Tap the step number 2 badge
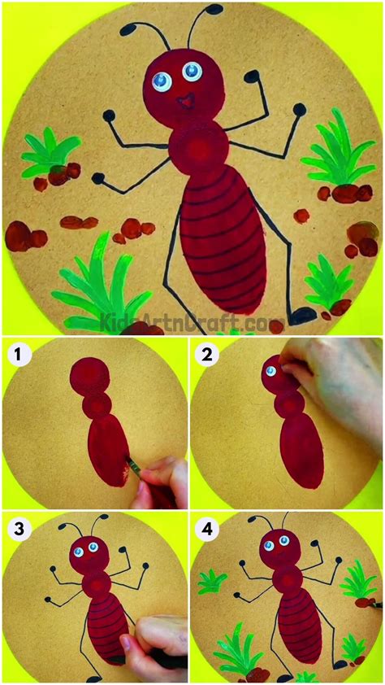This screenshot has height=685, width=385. point(207,354)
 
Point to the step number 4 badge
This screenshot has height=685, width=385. point(207,529)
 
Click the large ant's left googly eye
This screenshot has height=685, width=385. point(161,80)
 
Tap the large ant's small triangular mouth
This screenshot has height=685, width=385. point(184,102)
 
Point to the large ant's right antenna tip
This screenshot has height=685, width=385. point(213,11)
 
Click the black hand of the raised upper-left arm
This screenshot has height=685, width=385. point(109,116)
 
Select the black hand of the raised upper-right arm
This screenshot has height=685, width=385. point(253,76)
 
